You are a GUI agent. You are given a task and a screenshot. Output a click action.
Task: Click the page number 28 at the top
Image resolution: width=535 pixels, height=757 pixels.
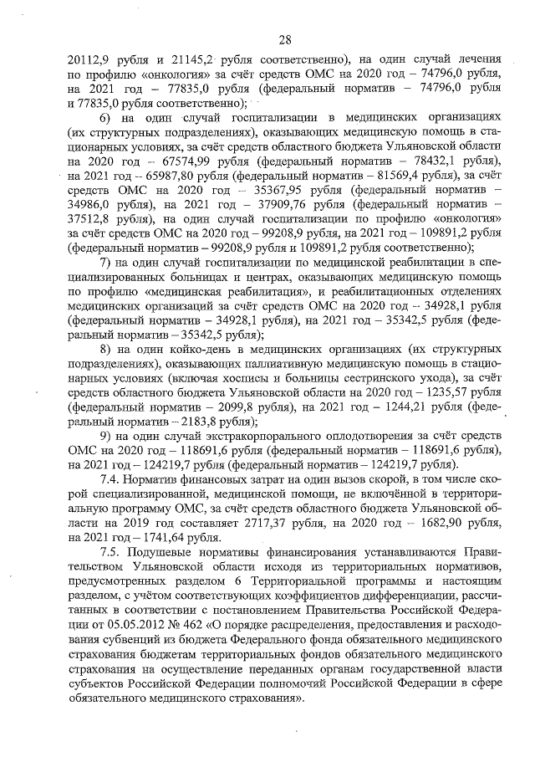[x=284, y=39]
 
